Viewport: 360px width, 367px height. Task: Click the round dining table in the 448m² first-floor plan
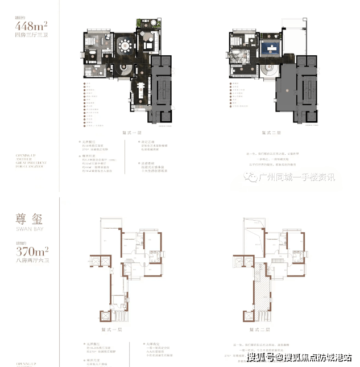[123, 46]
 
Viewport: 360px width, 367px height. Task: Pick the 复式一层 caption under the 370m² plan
[121, 331]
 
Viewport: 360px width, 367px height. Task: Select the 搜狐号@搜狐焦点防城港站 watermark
[299, 358]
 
